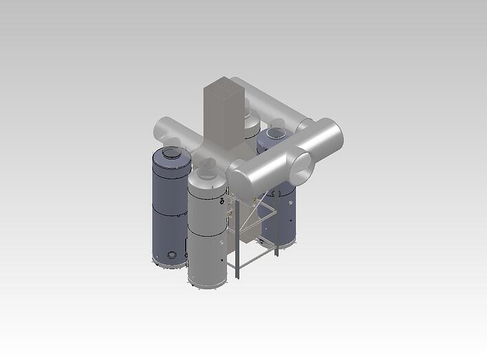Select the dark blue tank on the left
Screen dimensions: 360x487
(x=168, y=207)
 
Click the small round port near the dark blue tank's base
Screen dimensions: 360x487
(x=171, y=256)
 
